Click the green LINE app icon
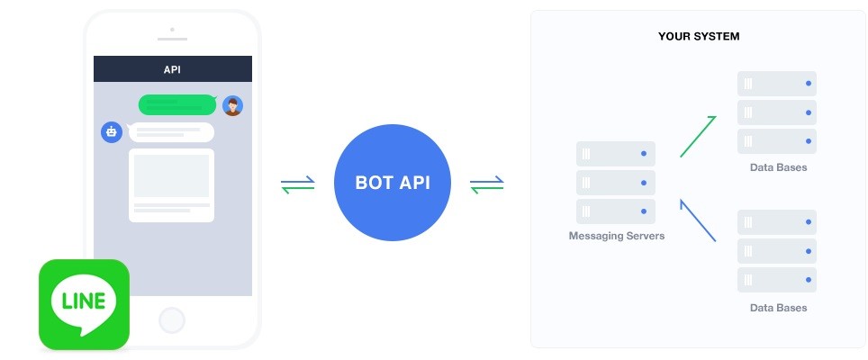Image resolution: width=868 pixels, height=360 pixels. click(x=84, y=304)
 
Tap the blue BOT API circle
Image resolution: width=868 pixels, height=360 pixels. click(x=393, y=183)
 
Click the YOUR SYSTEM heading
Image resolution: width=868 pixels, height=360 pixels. click(x=699, y=37)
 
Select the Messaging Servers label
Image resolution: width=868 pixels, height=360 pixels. click(x=616, y=236)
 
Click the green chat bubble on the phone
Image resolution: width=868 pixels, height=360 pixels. click(x=177, y=104)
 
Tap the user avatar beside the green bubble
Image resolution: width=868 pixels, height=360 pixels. click(x=232, y=105)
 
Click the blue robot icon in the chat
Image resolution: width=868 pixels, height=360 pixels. click(x=112, y=132)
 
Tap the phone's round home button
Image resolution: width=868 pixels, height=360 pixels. click(x=172, y=320)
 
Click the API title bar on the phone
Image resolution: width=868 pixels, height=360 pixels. click(x=173, y=69)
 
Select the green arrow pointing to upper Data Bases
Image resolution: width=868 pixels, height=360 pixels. click(x=698, y=137)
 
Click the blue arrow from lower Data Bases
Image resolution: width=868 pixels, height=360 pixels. click(x=698, y=220)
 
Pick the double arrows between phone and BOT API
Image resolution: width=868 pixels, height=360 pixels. click(x=298, y=184)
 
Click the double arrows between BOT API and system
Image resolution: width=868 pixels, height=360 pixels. click(x=486, y=184)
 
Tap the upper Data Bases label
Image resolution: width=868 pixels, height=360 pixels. click(x=778, y=167)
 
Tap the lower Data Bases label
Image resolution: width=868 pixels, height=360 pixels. click(x=778, y=308)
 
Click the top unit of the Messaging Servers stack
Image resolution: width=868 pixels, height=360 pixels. click(x=616, y=154)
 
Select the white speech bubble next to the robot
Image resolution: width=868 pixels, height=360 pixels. click(x=171, y=132)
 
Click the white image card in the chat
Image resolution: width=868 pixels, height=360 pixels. click(x=172, y=185)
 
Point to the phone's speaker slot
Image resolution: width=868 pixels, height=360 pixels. click(x=172, y=40)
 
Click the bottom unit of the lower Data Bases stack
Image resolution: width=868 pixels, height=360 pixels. click(x=777, y=280)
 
